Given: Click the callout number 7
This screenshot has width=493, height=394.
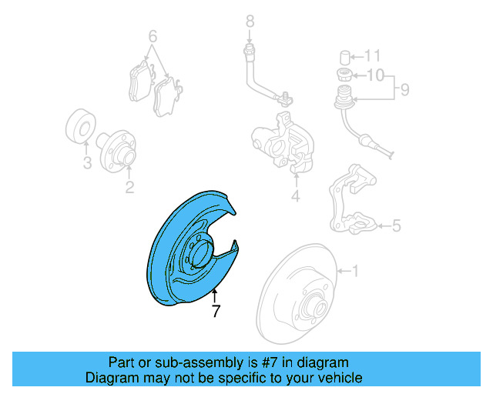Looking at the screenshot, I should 216,312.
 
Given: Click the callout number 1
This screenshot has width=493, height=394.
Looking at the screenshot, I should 356,271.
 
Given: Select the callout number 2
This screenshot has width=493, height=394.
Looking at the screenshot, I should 129,186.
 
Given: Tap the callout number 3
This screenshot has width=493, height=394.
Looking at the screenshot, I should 87,163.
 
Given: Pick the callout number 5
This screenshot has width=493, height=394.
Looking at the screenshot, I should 397,226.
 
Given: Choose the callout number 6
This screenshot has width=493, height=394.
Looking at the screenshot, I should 153,36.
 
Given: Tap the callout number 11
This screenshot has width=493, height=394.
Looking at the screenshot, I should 373,56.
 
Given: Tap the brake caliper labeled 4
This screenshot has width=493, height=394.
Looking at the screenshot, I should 281,142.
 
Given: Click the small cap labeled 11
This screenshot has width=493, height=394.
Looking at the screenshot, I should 346,56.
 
